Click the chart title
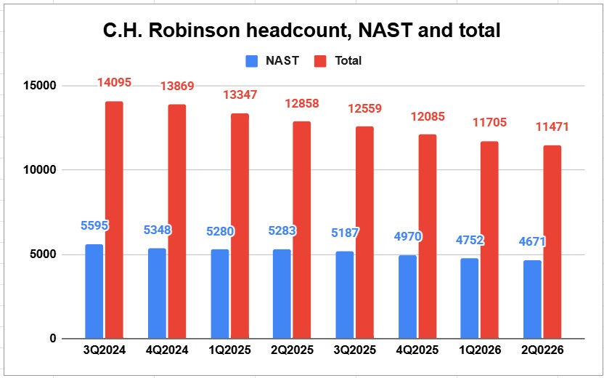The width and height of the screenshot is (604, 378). (301, 31)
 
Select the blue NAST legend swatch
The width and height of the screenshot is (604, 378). (251, 61)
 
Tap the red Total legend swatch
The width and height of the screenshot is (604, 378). (320, 61)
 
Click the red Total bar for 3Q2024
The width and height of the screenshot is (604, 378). (115, 220)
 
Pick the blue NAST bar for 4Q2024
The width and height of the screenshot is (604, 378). (157, 294)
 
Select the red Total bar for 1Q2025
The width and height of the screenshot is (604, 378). (240, 226)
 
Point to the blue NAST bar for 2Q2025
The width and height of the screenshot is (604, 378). (282, 294)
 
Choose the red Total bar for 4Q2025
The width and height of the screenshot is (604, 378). (428, 237)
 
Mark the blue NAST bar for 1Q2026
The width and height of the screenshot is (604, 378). (469, 299)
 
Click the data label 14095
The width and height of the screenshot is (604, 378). (114, 83)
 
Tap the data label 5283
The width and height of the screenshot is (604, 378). (282, 230)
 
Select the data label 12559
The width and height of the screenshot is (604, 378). (364, 108)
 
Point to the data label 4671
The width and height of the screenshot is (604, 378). (532, 242)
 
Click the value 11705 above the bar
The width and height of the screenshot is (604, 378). (489, 123)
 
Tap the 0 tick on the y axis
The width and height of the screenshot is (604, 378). (53, 339)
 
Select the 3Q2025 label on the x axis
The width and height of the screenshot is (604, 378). (354, 350)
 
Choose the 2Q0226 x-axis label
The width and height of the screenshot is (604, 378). (542, 350)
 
